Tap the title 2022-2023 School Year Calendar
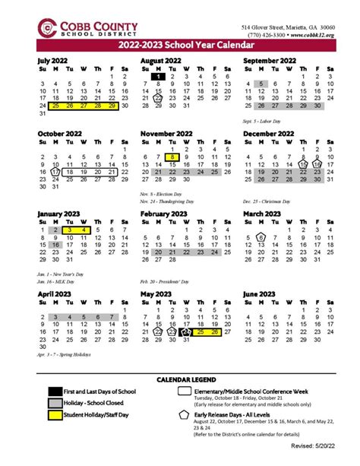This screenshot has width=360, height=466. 180,47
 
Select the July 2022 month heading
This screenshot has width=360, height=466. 54,59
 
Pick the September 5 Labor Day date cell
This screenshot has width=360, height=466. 261,85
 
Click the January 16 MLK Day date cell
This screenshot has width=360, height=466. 55,246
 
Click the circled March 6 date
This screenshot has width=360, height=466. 261,237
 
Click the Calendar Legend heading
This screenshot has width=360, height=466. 185,379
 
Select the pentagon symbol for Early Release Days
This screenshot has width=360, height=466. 185,417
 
